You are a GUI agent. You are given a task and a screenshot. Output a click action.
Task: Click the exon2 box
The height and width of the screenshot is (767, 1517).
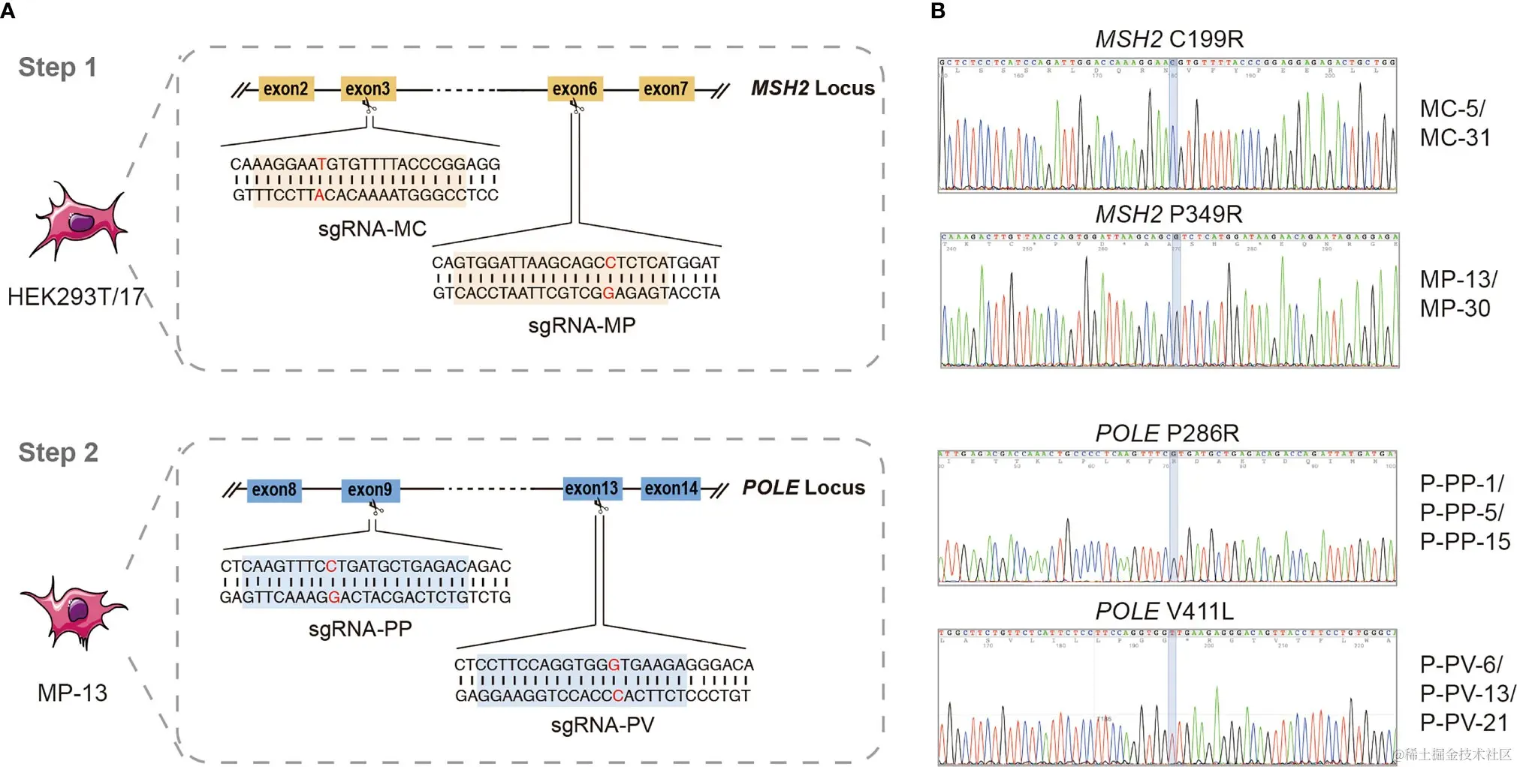[x=285, y=89]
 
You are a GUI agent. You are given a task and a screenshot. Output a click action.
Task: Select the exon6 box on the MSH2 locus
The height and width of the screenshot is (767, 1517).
[x=575, y=89]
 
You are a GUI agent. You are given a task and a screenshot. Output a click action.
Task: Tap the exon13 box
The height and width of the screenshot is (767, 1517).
[x=592, y=489]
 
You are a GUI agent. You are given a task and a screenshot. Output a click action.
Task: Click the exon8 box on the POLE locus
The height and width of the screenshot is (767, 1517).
[x=274, y=490]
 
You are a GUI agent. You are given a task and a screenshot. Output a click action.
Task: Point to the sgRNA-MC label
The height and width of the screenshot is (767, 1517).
[x=372, y=229]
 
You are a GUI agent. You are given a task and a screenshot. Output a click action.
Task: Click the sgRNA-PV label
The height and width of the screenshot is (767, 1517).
[x=602, y=725]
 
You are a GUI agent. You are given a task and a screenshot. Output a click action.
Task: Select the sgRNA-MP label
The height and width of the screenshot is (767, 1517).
[x=582, y=326]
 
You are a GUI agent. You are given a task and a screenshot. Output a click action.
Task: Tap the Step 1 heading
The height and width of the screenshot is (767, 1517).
[x=58, y=68]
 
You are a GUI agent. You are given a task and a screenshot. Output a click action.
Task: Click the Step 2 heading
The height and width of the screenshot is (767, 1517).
[x=59, y=453]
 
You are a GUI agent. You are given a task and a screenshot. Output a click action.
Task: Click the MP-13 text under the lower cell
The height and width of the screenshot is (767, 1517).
[x=72, y=693]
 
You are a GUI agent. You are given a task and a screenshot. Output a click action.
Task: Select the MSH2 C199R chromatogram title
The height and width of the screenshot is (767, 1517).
[x=1169, y=39]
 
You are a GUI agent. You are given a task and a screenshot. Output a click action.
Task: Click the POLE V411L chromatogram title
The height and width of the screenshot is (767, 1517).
[x=1164, y=612]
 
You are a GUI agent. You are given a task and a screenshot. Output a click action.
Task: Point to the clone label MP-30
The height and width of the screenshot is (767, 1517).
[x=1455, y=308]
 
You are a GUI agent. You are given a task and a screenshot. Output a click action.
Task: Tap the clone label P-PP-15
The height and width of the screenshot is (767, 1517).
[x=1464, y=542]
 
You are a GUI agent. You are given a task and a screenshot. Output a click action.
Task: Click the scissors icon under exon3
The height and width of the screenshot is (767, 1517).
[x=370, y=107]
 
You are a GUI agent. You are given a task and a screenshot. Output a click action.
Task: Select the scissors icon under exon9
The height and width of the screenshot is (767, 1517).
[x=376, y=509]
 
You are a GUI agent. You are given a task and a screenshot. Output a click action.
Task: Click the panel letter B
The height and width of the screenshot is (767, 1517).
[x=938, y=11]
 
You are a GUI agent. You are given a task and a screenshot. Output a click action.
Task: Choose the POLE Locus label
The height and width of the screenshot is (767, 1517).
[x=804, y=488]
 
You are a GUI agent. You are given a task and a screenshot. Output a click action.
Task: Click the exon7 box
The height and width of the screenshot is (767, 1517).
[x=665, y=89]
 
